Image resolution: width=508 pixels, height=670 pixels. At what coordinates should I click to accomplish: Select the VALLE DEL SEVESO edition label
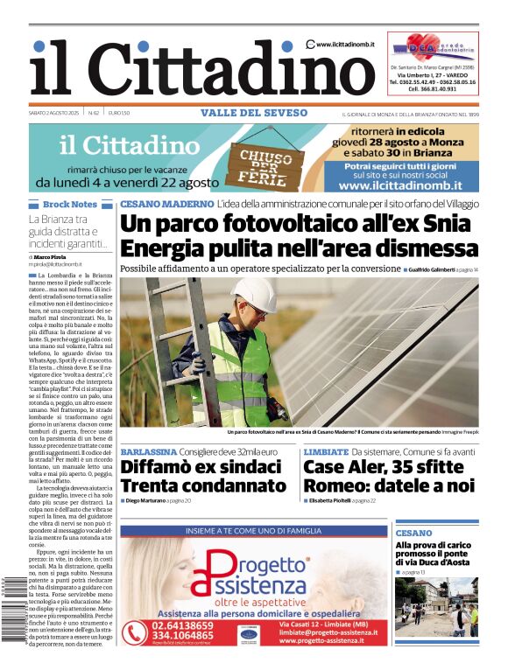pyautogui.click(x=254, y=113)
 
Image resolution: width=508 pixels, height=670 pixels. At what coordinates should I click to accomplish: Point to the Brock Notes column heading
pyautogui.click(x=69, y=205)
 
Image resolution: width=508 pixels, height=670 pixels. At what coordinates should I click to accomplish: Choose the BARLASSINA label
pyautogui.click(x=153, y=451)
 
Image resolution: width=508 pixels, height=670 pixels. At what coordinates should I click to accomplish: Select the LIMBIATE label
pyautogui.click(x=326, y=451)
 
